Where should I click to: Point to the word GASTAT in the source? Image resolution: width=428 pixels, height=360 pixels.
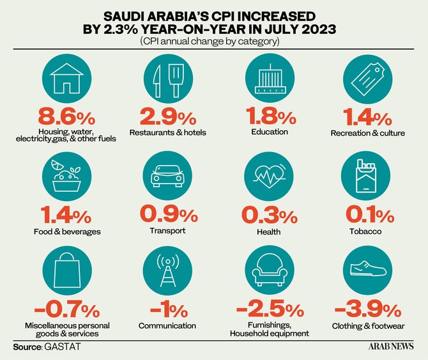[x=62, y=347]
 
